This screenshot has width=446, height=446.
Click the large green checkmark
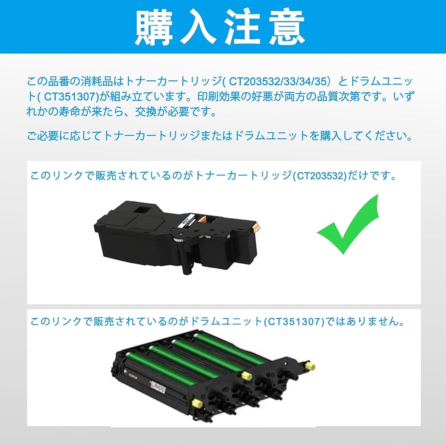click(x=348, y=226)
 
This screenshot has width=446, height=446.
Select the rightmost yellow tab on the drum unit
click(x=309, y=366)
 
